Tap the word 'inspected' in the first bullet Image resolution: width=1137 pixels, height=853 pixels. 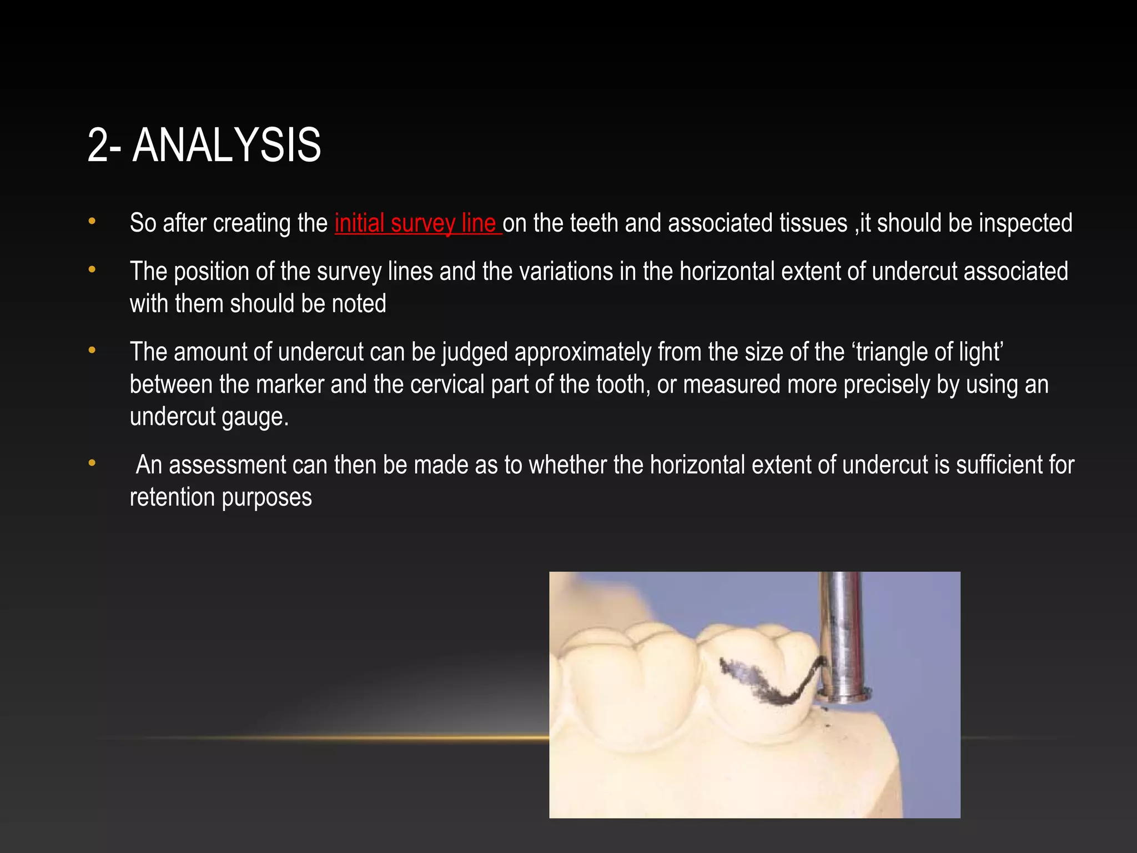(1025, 223)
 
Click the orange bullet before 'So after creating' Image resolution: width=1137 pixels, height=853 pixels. (92, 222)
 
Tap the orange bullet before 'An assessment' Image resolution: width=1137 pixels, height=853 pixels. (92, 463)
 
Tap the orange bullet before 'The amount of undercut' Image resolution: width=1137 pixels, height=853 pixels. (92, 350)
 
